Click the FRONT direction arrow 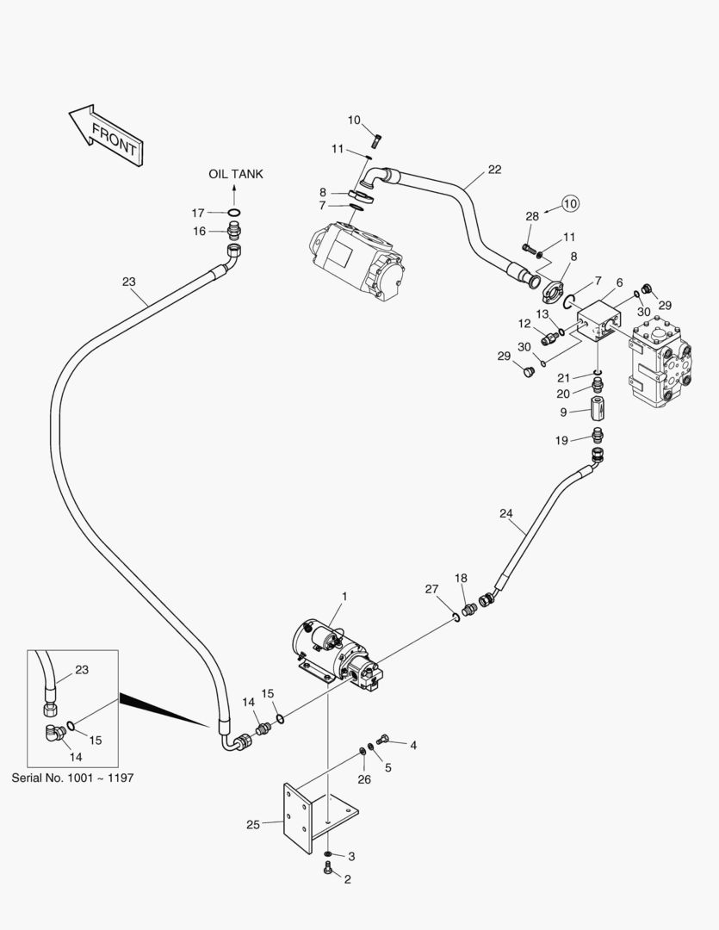106,135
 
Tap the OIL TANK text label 236,174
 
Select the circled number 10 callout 570,203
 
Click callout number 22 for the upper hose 494,170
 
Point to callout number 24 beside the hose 505,514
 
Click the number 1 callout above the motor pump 344,596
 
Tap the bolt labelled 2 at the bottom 328,871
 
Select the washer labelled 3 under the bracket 328,854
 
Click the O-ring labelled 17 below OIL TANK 234,213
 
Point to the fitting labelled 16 233,230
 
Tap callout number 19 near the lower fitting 561,441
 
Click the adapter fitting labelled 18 469,610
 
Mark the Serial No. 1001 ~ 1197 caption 72,777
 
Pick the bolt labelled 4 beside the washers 384,738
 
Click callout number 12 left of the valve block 524,324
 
